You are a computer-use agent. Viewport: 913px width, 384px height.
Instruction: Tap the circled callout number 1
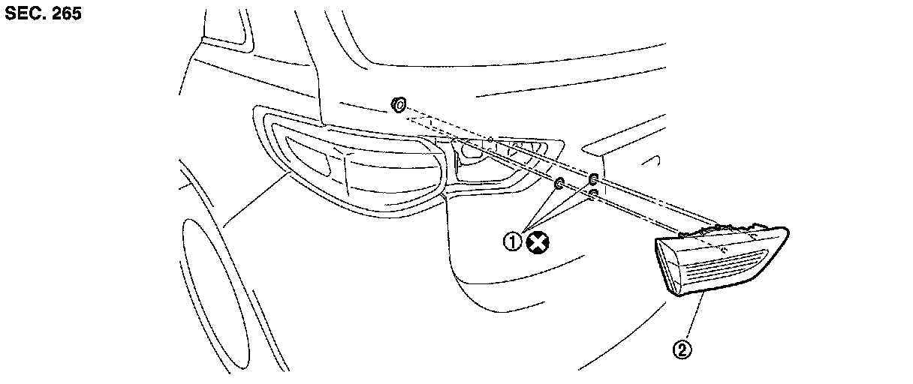pos(513,241)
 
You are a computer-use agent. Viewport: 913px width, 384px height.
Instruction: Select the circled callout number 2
pos(682,349)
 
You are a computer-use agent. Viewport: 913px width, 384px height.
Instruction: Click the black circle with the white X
pos(538,241)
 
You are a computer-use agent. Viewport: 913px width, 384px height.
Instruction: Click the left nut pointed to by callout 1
pos(559,184)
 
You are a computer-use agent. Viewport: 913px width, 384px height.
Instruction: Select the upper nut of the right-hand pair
pos(593,179)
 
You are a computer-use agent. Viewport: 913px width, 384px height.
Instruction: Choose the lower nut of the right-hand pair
pos(593,194)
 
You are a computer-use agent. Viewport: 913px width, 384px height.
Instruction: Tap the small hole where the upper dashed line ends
pos(490,140)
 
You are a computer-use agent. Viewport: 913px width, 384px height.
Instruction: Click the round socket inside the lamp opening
pos(472,151)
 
